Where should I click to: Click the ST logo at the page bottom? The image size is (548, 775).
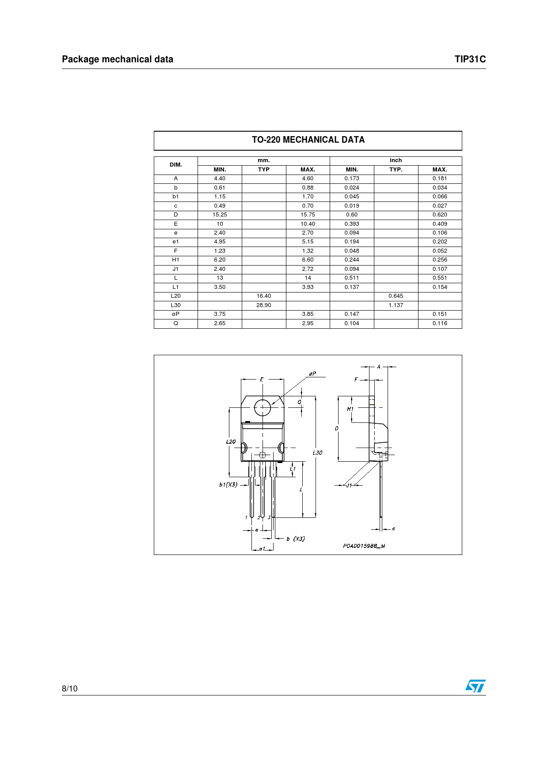coord(475,686)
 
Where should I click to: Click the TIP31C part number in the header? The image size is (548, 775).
coord(470,59)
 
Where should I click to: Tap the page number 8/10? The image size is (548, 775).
coord(70,688)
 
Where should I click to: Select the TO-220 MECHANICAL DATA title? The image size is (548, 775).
coord(308,140)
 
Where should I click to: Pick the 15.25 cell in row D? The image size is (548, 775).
coord(220,215)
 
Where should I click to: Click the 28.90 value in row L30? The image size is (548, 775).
coord(264,305)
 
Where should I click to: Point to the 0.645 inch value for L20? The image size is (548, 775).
coord(396,296)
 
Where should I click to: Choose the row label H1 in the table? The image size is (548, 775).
coord(175,260)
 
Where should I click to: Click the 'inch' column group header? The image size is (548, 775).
coord(396,160)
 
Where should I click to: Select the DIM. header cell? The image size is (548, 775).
coord(176,165)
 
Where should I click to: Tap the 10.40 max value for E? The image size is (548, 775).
coord(308,224)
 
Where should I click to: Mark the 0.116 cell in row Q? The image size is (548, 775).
coord(440,323)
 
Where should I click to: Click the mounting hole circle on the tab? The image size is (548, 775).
coord(263,407)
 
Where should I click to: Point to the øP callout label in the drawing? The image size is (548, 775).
coord(312,374)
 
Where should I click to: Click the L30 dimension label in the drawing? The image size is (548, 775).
coord(317,453)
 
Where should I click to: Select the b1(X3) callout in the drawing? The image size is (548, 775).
coord(228,485)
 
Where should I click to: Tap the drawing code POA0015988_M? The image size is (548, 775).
coord(364,546)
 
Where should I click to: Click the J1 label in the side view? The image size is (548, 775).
coord(349,485)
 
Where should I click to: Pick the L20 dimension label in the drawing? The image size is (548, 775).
coord(231,442)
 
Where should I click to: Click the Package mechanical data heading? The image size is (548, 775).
coord(118,59)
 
